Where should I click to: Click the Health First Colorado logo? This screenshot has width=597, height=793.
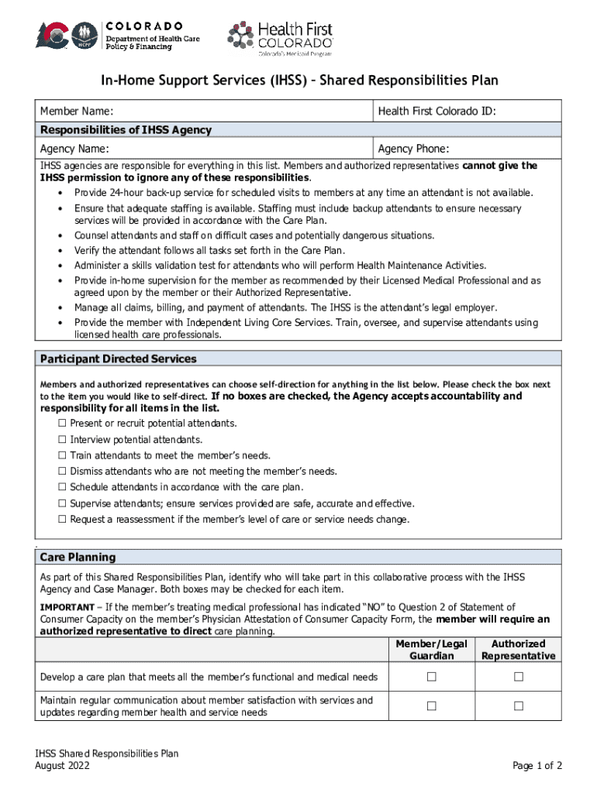(x=280, y=36)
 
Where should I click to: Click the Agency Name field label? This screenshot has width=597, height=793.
(x=74, y=149)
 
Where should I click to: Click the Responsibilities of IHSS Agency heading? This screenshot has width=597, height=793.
(x=126, y=130)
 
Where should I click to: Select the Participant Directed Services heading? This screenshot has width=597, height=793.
(x=118, y=359)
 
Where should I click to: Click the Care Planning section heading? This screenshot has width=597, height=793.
(x=78, y=557)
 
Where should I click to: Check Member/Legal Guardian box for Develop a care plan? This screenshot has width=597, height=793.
(x=432, y=678)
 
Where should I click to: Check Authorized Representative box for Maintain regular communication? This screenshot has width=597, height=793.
(x=518, y=706)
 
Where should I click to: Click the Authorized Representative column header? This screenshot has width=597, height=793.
(x=518, y=650)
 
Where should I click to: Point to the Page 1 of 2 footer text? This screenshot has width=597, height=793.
(x=537, y=766)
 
